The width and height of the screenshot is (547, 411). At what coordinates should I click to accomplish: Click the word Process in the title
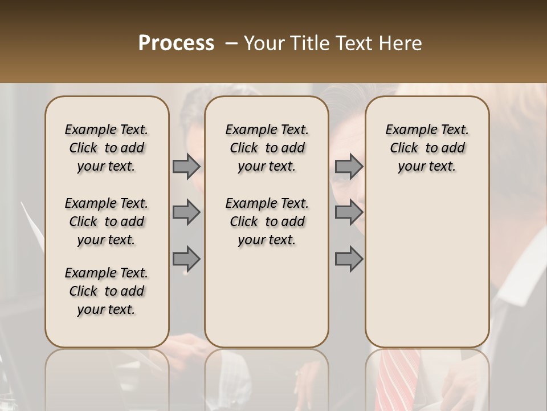tap(176, 43)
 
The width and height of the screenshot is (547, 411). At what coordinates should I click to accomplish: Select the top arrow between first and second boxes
tap(186, 167)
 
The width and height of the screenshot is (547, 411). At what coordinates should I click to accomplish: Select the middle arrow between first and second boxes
tap(186, 213)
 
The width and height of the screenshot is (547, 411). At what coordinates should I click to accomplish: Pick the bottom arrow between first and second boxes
tap(186, 259)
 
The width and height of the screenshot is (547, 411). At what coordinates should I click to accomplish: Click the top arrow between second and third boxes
tap(349, 167)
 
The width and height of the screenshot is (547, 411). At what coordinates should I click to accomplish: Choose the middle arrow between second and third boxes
tap(349, 213)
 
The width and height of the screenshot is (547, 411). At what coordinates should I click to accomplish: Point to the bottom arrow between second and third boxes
tap(349, 259)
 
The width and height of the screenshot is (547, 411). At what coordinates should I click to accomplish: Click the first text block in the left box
tap(107, 148)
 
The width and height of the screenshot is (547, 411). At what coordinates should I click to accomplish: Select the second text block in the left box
tap(107, 221)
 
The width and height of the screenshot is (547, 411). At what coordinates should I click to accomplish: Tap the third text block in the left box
tap(107, 291)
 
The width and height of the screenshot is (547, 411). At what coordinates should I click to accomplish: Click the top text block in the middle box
tap(267, 148)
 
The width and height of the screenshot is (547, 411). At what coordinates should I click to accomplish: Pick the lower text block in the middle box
tap(267, 221)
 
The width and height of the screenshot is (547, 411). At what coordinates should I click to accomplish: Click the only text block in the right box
tap(427, 148)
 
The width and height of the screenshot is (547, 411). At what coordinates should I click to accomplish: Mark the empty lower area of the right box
tap(427, 268)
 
